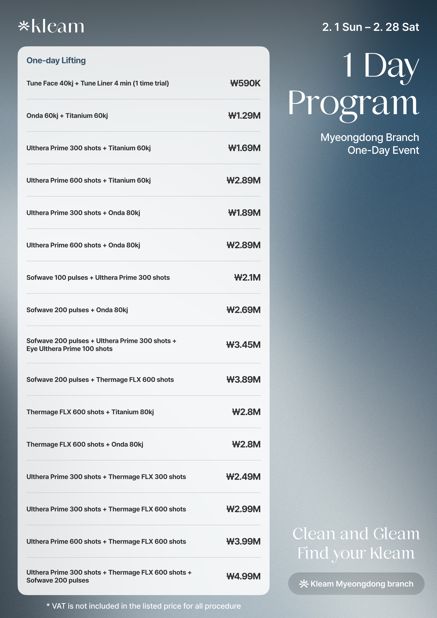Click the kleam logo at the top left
pyautogui.click(x=51, y=26)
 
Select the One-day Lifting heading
pyautogui.click(x=56, y=60)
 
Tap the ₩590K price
pyautogui.click(x=245, y=83)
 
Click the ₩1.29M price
pyautogui.click(x=244, y=115)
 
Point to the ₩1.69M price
pyautogui.click(x=244, y=148)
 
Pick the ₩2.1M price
pyautogui.click(x=247, y=277)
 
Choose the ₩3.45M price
pyautogui.click(x=243, y=345)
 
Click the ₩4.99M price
pyautogui.click(x=243, y=576)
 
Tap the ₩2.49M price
pyautogui.click(x=243, y=477)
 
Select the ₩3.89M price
pyautogui.click(x=243, y=379)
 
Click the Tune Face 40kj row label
pyautogui.click(x=97, y=83)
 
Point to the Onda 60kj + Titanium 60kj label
pyautogui.click(x=67, y=115)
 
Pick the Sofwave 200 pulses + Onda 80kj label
pyautogui.click(x=77, y=310)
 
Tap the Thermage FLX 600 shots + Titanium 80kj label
pyautogui.click(x=90, y=412)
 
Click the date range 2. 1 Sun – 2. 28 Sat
pyautogui.click(x=371, y=27)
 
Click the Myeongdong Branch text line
pyautogui.click(x=369, y=137)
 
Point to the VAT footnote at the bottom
pyautogui.click(x=143, y=606)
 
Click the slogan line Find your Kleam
pyautogui.click(x=356, y=553)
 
